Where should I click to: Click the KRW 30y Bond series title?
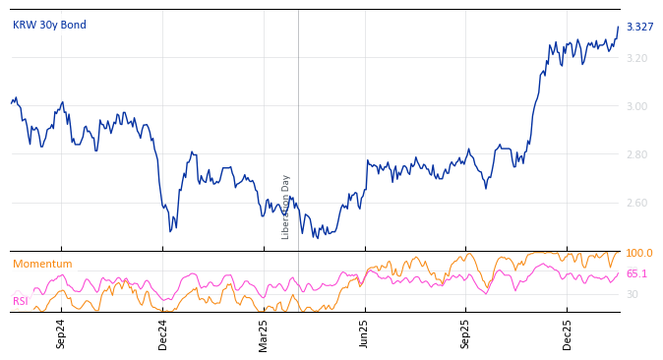coord(49,25)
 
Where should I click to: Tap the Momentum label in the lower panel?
coord(42,264)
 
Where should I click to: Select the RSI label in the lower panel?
coord(21,301)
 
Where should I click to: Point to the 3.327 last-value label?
coord(639,27)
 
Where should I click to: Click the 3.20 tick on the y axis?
coord(636,58)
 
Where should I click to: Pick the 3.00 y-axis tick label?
coord(636,106)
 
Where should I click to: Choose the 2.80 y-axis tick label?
coord(636,154)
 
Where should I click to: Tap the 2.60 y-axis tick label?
coord(636,203)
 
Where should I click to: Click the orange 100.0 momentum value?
coord(639,253)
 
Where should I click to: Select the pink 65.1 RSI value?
coord(636,273)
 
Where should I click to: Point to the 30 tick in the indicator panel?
coord(632,294)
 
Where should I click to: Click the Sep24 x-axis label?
coord(61,333)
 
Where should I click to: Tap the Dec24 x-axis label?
coord(163,333)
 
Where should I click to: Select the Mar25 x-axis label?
coord(264,333)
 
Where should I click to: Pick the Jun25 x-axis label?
coord(365,333)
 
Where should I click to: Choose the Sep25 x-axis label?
coord(466,333)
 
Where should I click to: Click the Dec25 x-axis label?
coord(568,333)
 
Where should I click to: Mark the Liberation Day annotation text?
coord(286,207)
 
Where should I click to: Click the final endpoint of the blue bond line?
coord(618,28)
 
